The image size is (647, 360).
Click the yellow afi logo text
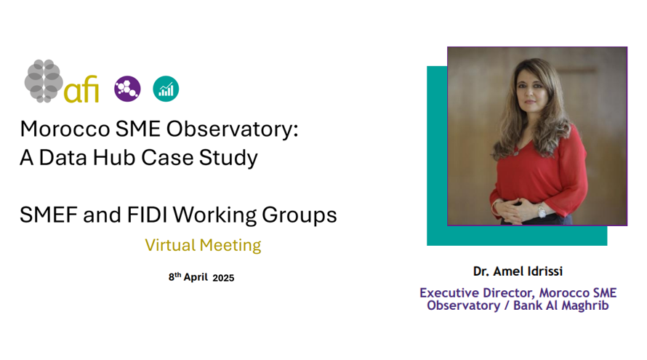(81, 89)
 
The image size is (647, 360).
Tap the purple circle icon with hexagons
(127, 89)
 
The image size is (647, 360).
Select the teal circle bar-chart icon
(166, 89)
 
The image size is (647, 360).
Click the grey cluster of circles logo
(44, 81)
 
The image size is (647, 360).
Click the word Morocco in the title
(65, 129)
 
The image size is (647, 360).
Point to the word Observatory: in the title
(233, 129)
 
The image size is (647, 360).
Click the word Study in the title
(228, 158)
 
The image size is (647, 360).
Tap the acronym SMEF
(49, 215)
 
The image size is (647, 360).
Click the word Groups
(300, 215)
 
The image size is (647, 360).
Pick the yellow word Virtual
(170, 245)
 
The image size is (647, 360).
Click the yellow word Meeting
(230, 246)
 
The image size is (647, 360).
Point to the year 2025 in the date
(223, 278)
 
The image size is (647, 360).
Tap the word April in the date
(196, 277)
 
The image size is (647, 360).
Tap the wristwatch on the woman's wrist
(542, 212)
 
